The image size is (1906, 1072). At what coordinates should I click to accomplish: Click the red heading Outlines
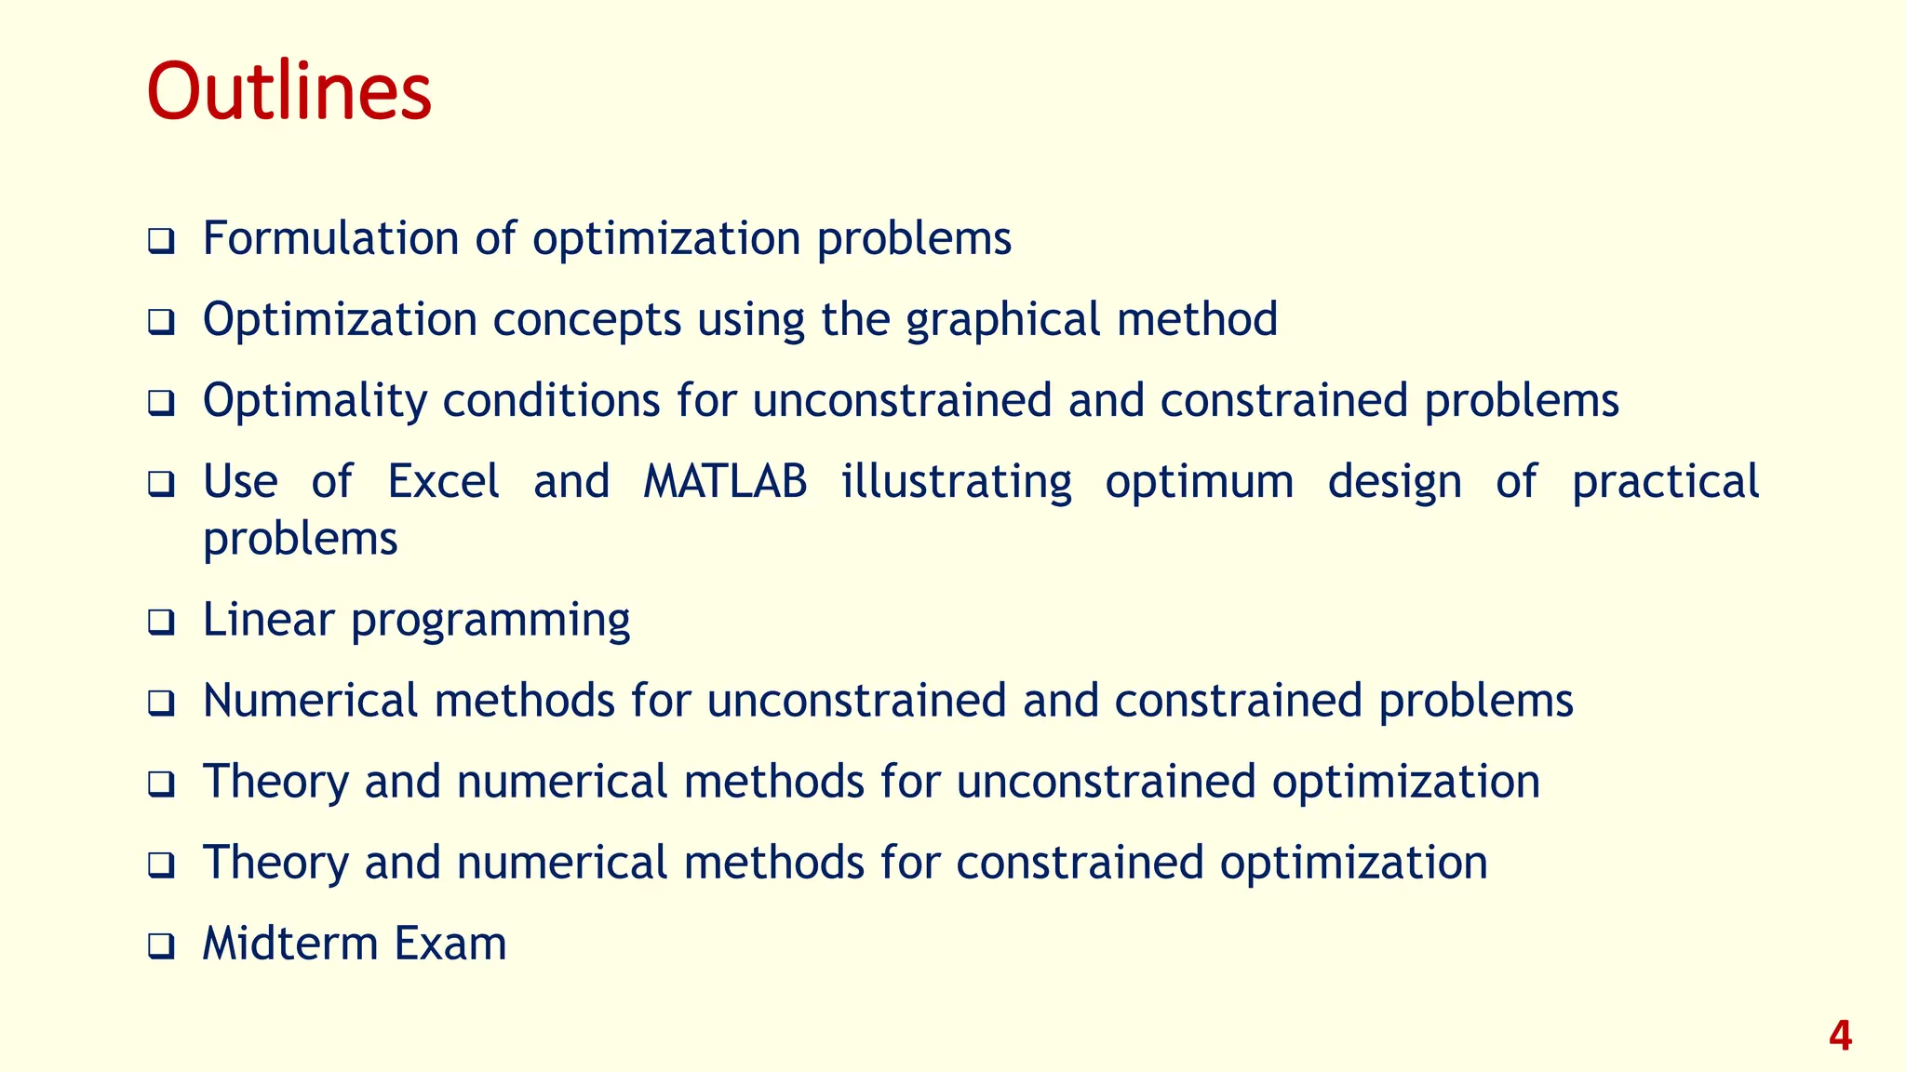click(x=289, y=91)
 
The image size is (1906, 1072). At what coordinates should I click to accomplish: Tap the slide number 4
click(x=1840, y=1036)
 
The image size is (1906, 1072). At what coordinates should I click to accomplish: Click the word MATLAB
click(x=725, y=482)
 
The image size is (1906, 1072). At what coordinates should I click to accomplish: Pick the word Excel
click(x=443, y=482)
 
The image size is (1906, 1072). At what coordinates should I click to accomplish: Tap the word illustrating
click(x=957, y=482)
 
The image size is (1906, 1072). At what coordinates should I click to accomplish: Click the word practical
click(x=1665, y=482)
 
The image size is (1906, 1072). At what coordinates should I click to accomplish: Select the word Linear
click(x=268, y=620)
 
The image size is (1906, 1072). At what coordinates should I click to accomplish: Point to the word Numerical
click(x=311, y=701)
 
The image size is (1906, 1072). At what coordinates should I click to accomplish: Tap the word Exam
click(x=450, y=944)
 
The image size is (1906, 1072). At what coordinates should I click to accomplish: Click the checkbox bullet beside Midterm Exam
click(x=161, y=946)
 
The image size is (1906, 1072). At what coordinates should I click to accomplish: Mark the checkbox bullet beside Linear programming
click(x=161, y=623)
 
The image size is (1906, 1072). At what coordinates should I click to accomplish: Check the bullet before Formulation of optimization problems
click(x=161, y=241)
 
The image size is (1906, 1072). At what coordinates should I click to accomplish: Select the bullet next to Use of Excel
click(x=161, y=485)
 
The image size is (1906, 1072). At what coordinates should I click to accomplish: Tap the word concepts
click(x=587, y=320)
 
